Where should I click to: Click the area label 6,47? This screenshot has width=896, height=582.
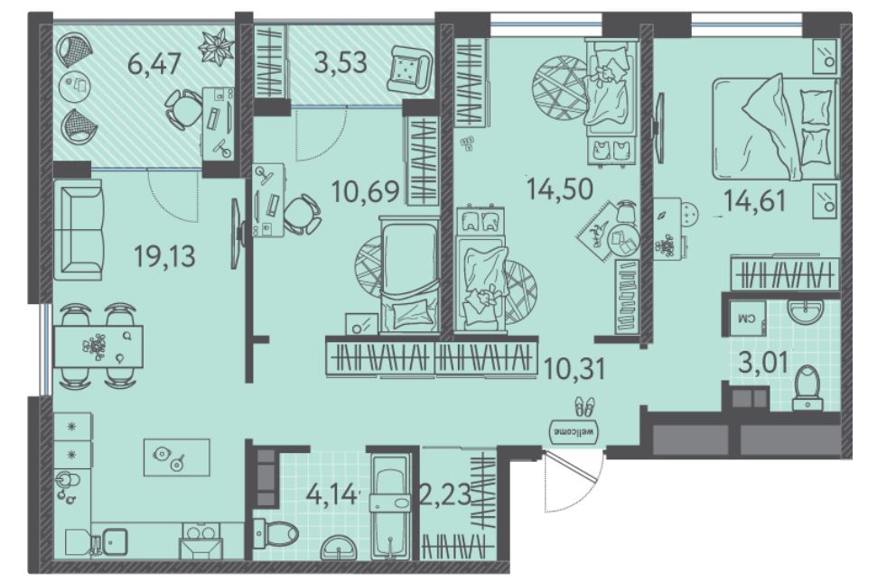point(154,63)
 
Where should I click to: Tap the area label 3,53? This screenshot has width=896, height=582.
point(341,61)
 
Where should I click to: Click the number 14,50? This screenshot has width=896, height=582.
point(560,189)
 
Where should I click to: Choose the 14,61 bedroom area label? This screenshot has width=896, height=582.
point(755,200)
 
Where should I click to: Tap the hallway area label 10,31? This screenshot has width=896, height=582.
point(574,369)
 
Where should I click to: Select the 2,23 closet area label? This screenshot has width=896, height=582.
point(445,494)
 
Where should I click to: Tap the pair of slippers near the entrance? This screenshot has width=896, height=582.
point(584,406)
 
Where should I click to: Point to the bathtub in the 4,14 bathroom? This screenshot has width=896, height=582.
point(390,506)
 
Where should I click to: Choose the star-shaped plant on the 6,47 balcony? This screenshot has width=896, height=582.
point(216,47)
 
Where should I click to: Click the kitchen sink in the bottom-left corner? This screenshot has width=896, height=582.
point(114,540)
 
